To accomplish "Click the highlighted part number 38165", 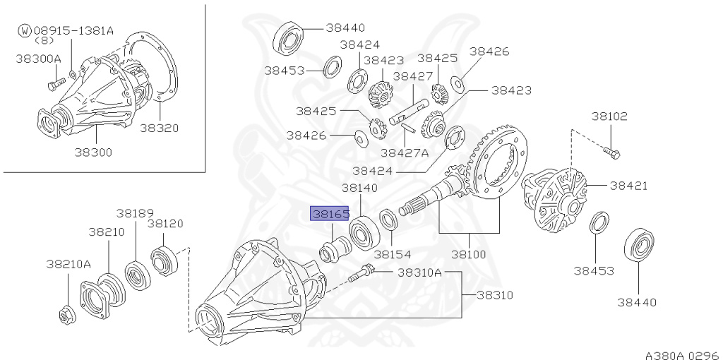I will point(330,212).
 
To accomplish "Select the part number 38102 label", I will point(609,116).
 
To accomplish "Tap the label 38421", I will point(628,186).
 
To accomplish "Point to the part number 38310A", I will point(419,272).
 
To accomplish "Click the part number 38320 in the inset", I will point(159,128).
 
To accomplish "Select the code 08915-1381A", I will point(73,30).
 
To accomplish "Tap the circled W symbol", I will point(25,30).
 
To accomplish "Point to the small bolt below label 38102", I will point(610,150).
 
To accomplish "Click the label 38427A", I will point(405,152).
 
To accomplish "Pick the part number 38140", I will point(359,188).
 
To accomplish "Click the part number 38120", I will point(165,223).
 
